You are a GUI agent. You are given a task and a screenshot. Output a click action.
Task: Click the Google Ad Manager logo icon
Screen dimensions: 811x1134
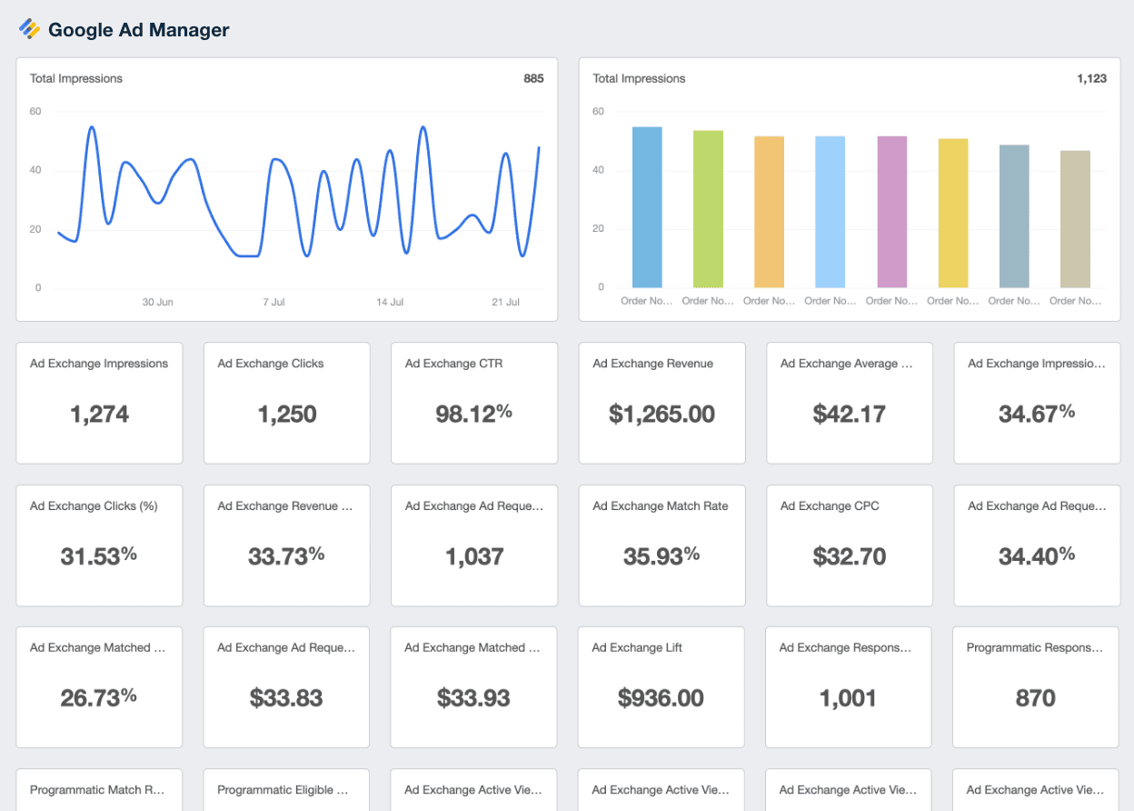(x=30, y=29)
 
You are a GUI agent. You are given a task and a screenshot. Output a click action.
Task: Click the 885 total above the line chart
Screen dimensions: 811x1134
(x=533, y=79)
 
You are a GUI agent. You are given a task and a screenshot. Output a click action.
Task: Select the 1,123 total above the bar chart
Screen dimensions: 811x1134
(x=1091, y=79)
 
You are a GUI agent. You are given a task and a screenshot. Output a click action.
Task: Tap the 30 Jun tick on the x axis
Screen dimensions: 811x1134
(x=158, y=302)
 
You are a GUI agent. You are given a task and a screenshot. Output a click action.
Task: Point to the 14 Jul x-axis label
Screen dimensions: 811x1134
(x=390, y=302)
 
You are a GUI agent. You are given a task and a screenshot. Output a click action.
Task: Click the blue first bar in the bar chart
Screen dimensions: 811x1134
(x=647, y=207)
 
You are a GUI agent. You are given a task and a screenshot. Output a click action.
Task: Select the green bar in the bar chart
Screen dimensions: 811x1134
(x=708, y=209)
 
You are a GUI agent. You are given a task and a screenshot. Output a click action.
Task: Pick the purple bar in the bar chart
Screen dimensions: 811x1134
(x=891, y=212)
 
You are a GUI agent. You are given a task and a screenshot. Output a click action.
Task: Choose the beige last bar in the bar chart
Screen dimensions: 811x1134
(x=1075, y=219)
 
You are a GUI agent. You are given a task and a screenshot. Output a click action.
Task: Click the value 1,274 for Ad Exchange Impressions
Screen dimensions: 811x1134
(x=100, y=415)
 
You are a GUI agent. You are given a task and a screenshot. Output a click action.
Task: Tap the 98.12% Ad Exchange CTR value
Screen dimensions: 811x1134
(x=474, y=414)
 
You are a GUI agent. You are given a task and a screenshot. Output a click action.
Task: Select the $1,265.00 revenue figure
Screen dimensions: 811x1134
(x=661, y=415)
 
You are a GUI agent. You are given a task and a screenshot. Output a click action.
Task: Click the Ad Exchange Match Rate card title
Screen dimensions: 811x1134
(x=661, y=506)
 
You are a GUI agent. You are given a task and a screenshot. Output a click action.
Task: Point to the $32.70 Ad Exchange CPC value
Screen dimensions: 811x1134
(x=849, y=556)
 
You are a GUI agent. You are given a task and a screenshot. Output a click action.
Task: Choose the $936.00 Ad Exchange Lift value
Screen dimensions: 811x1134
(x=661, y=698)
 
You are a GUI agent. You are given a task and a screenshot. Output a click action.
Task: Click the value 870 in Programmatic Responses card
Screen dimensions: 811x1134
(x=1035, y=698)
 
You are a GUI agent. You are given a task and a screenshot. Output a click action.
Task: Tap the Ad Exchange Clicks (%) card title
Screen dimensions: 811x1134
(x=94, y=506)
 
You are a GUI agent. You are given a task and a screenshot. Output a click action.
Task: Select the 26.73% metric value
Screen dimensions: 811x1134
(x=99, y=697)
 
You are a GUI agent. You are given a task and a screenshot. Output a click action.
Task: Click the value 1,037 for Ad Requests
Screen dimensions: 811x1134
(x=474, y=556)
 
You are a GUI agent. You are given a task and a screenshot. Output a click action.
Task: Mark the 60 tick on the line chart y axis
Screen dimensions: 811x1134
(x=36, y=112)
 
